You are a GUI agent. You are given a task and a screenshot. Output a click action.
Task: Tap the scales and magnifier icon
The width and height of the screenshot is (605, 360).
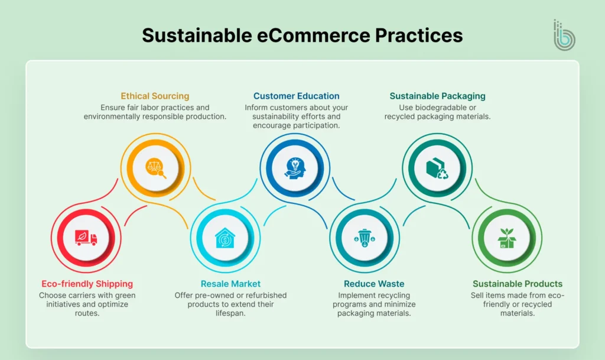[x=155, y=167]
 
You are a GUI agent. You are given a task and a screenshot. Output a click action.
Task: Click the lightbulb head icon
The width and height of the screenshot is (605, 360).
[x=294, y=167]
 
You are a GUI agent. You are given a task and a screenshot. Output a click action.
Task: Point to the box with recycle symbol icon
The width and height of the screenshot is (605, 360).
[x=437, y=167]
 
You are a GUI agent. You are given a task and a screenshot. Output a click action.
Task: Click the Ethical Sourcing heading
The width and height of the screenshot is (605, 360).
[x=155, y=96]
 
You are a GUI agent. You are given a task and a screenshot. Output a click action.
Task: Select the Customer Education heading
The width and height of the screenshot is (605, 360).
[x=296, y=96]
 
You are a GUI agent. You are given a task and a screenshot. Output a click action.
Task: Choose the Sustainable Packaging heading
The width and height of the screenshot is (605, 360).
[x=437, y=96]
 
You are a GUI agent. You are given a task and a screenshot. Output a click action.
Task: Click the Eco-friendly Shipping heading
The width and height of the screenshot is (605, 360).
[x=87, y=284]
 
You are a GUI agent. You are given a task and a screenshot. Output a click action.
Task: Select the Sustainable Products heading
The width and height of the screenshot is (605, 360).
[x=518, y=284]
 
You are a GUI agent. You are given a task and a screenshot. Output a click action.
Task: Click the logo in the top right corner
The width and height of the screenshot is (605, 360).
[x=564, y=36]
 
